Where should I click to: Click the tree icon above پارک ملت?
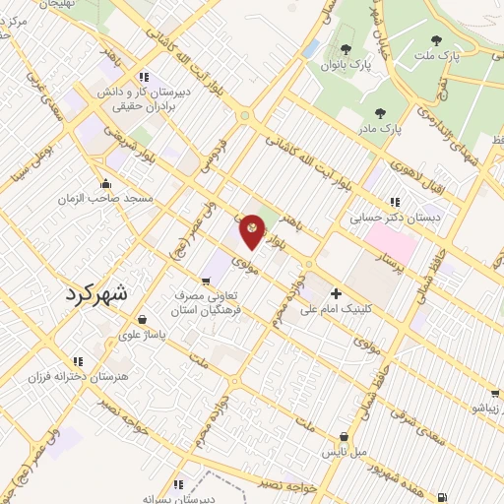[436, 41]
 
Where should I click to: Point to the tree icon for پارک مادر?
[380, 113]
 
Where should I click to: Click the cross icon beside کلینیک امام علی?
[336, 293]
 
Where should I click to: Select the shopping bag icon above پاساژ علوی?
[144, 320]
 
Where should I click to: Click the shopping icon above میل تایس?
[344, 436]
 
